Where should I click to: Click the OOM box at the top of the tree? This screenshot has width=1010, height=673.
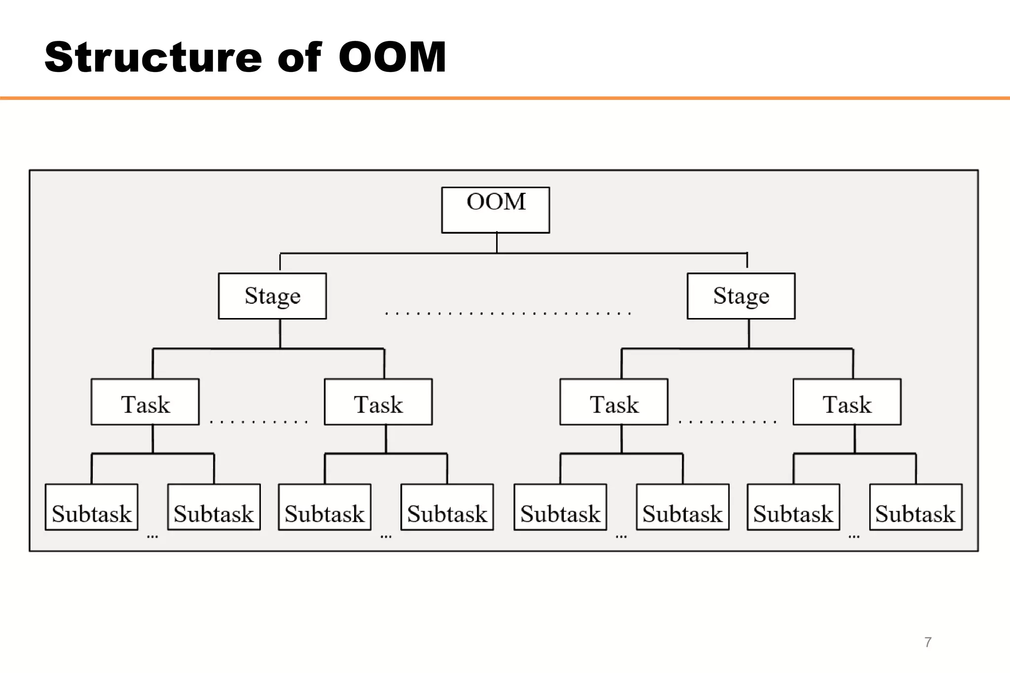(x=495, y=210)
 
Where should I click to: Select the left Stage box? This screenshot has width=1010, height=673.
(x=272, y=296)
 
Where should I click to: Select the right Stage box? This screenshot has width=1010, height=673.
(x=741, y=296)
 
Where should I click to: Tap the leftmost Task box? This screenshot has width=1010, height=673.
(x=145, y=402)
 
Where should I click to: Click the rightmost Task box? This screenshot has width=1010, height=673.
(x=847, y=402)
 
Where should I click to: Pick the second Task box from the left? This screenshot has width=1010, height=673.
(x=378, y=402)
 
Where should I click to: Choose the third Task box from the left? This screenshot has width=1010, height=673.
(x=613, y=402)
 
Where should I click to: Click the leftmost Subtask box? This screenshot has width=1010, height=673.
(x=91, y=507)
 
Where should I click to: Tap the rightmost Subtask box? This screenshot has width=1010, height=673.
(x=915, y=507)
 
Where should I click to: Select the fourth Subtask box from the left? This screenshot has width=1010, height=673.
(x=447, y=507)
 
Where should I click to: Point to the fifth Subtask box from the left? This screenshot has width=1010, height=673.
(x=560, y=507)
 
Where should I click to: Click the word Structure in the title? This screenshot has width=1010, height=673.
(x=153, y=58)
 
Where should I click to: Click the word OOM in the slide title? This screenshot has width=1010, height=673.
(x=392, y=58)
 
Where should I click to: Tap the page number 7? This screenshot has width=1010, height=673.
(x=928, y=642)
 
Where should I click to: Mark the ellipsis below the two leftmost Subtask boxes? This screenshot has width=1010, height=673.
(x=152, y=536)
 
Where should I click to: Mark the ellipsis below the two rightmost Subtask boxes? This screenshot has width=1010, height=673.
(x=854, y=536)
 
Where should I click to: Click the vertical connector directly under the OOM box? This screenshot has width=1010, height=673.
(x=497, y=243)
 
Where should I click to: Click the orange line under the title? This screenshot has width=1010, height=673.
(x=505, y=98)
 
